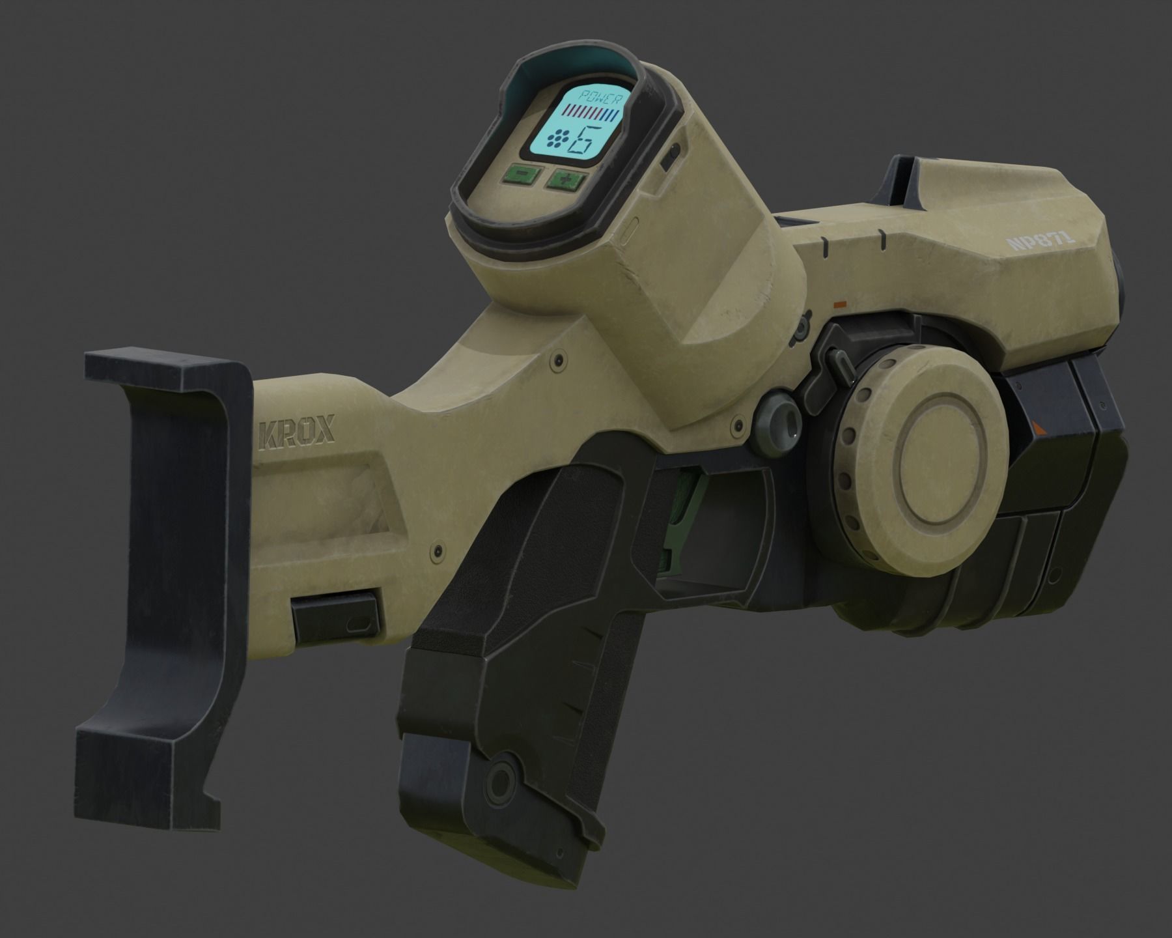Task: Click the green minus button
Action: point(522,175)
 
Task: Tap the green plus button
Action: point(565,180)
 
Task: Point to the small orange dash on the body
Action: point(840,303)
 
